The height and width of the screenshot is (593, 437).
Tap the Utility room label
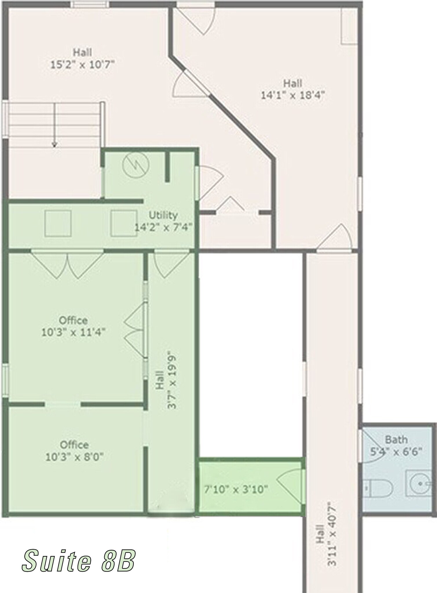(x=163, y=215)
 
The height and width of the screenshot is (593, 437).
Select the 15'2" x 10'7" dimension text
(x=83, y=64)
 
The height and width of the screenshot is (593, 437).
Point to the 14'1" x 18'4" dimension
(x=293, y=95)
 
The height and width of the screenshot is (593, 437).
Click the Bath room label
(x=396, y=440)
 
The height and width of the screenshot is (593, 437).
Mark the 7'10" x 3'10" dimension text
(x=236, y=489)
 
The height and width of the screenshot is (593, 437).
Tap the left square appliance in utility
(x=58, y=223)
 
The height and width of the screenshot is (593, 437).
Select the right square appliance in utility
(x=124, y=223)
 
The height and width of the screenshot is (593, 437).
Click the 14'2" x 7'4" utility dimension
(x=163, y=227)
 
